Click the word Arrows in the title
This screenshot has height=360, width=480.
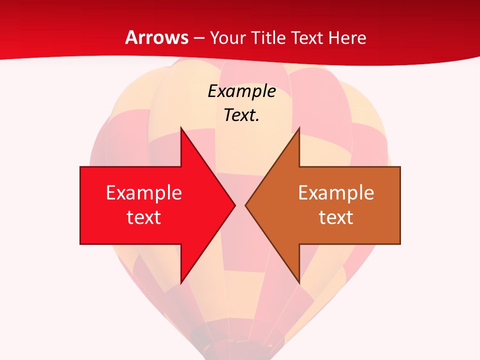click(156, 37)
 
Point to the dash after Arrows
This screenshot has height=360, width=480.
click(198, 38)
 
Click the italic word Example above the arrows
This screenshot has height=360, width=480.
click(242, 91)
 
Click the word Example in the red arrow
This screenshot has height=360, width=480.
click(143, 192)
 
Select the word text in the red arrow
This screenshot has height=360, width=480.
click(143, 217)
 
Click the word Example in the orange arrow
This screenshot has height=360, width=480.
click(336, 192)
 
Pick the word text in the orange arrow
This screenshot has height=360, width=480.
click(336, 217)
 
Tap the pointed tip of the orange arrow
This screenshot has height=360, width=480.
click(246, 205)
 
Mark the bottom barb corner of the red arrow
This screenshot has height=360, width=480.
click(181, 282)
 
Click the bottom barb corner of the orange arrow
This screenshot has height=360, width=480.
click(299, 282)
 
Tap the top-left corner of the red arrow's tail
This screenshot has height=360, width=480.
click(80, 167)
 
